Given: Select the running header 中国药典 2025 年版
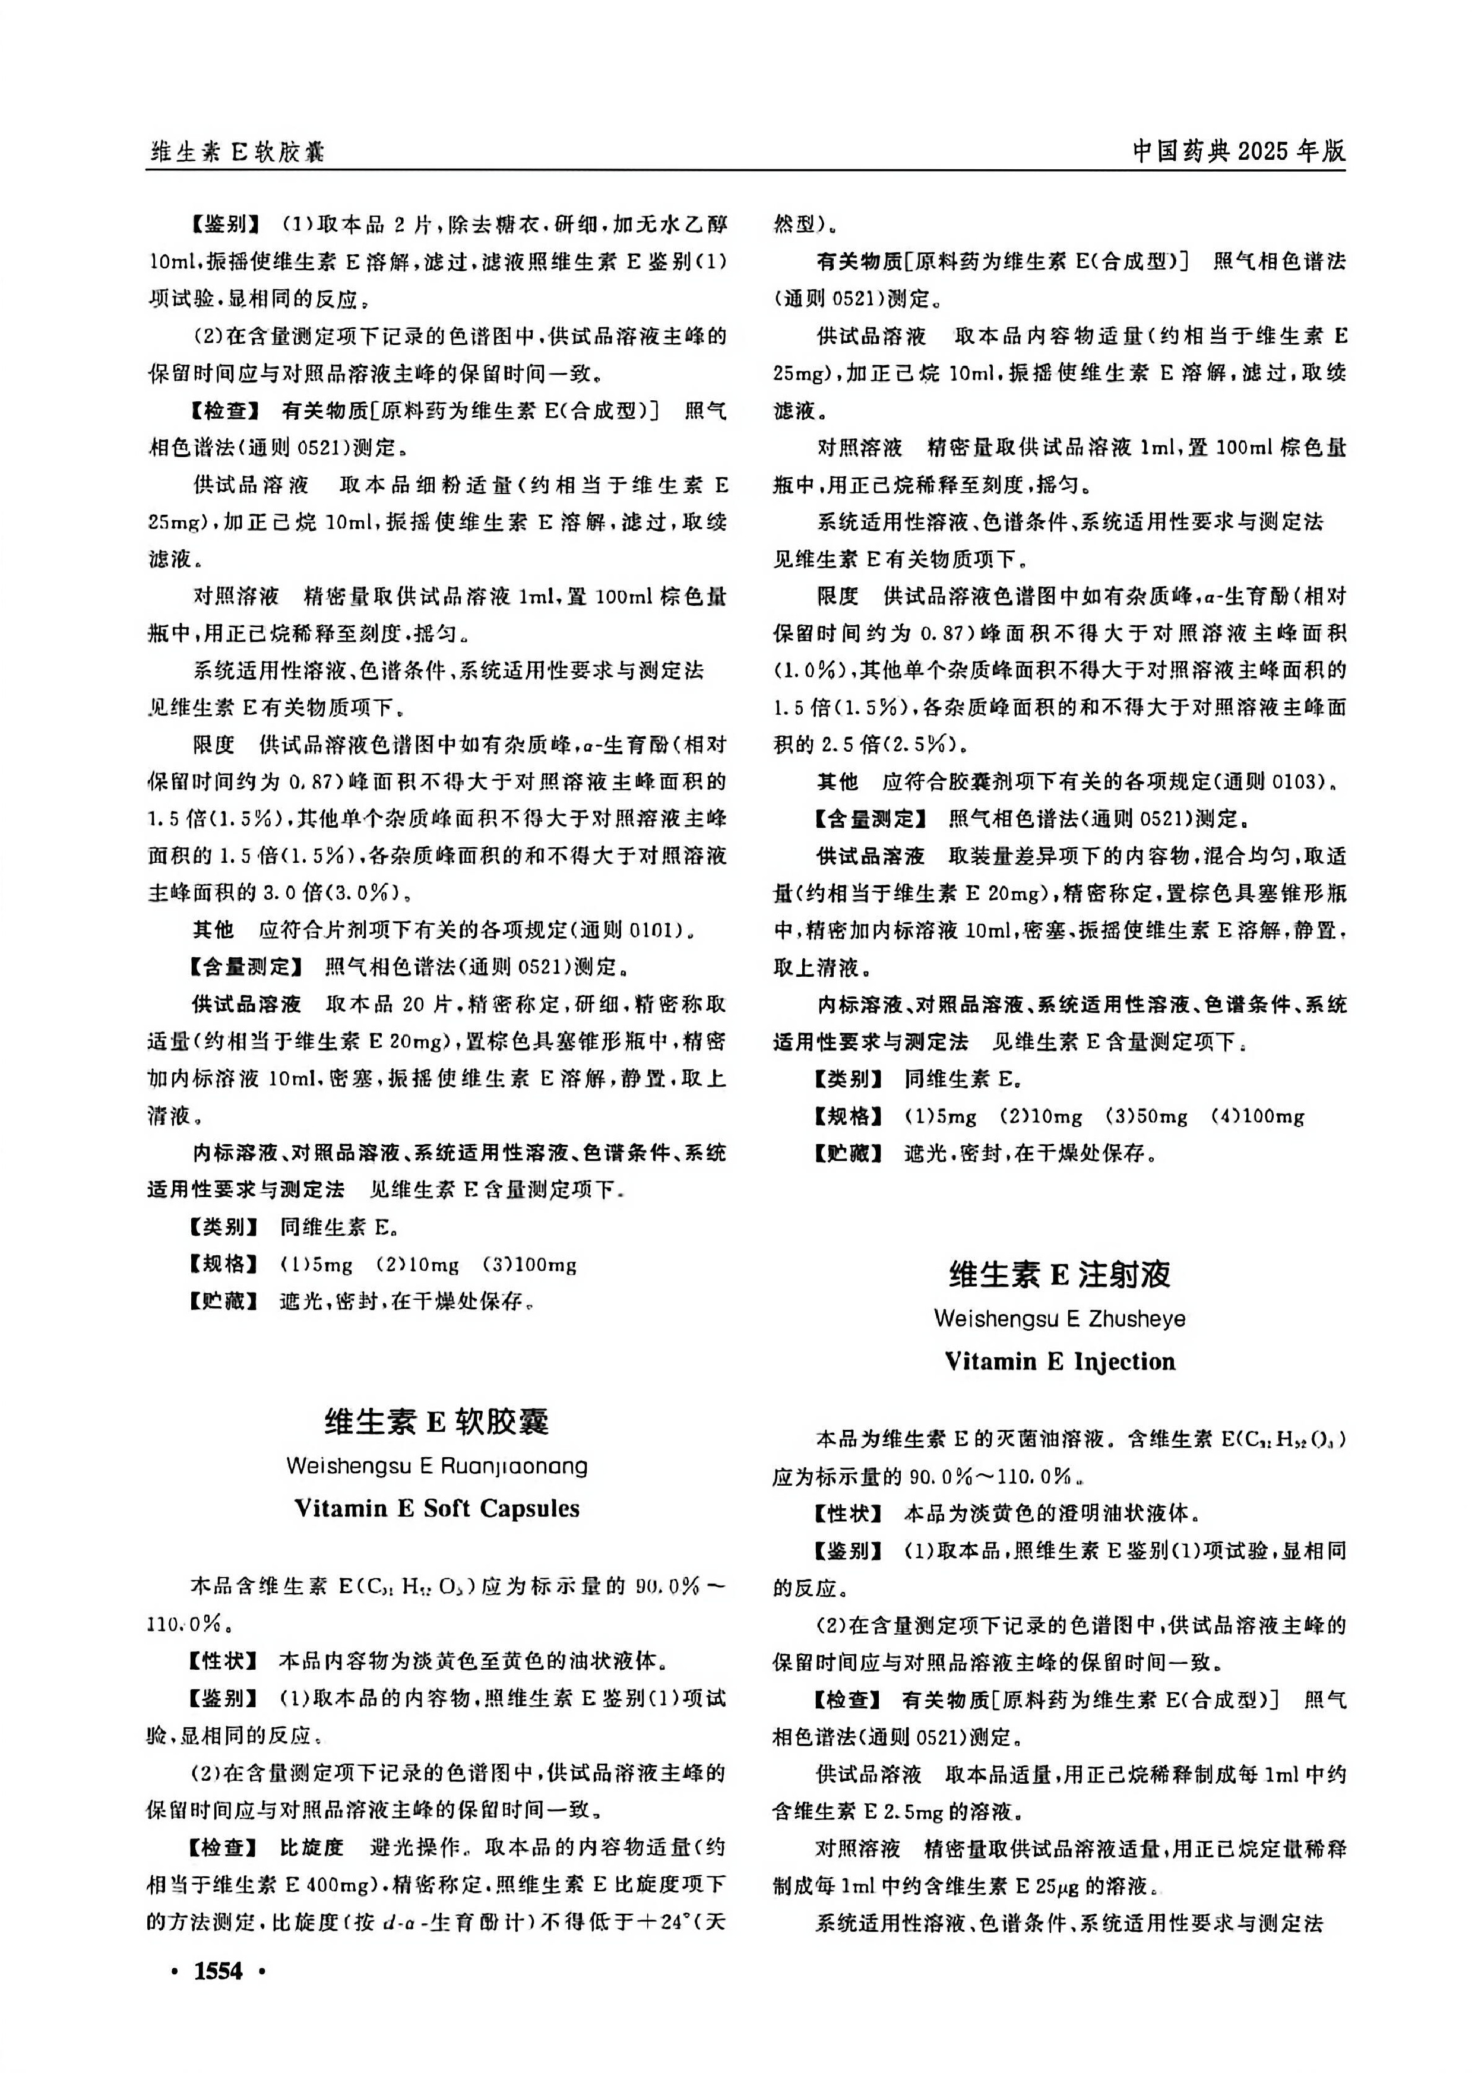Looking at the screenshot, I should [x=1239, y=151].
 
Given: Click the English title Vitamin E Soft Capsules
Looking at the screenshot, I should [x=436, y=1508].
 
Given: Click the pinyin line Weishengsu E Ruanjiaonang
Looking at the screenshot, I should [x=436, y=1465].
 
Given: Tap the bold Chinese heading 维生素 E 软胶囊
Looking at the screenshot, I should [x=436, y=1422].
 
